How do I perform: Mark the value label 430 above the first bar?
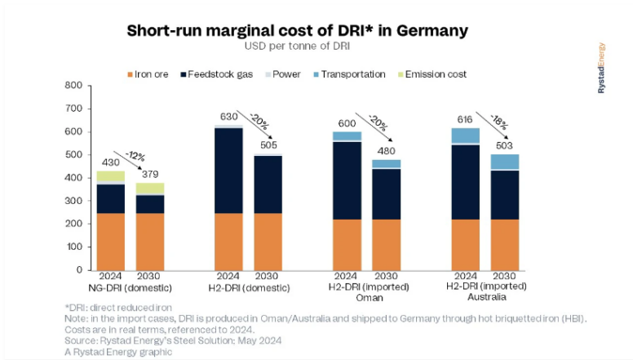coord(110,162)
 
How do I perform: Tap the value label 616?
coord(466,119)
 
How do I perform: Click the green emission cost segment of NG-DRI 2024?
coord(110,176)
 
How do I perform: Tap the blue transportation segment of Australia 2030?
coord(504,161)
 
